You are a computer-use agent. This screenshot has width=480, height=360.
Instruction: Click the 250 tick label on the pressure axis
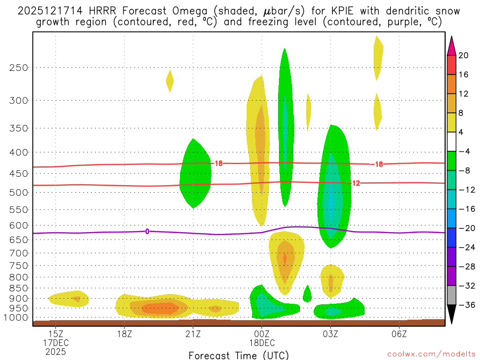click(x=19, y=67)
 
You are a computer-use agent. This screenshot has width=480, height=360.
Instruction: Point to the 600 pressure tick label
click(x=19, y=225)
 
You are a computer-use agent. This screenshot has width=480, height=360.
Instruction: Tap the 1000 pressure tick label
click(x=16, y=318)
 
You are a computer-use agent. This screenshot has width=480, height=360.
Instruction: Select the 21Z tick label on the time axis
click(x=193, y=335)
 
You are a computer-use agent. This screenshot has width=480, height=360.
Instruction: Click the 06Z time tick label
click(x=399, y=335)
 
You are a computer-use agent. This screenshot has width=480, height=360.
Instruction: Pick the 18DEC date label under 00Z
click(x=262, y=344)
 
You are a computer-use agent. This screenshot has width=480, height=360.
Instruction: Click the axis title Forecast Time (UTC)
click(x=239, y=355)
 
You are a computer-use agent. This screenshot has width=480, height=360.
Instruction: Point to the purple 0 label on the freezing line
click(x=147, y=231)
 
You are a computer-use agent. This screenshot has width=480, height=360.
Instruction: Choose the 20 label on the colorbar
click(x=464, y=55)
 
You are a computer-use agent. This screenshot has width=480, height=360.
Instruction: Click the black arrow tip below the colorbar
click(x=451, y=322)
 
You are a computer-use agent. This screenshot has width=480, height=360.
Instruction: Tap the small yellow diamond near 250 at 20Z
click(x=170, y=81)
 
